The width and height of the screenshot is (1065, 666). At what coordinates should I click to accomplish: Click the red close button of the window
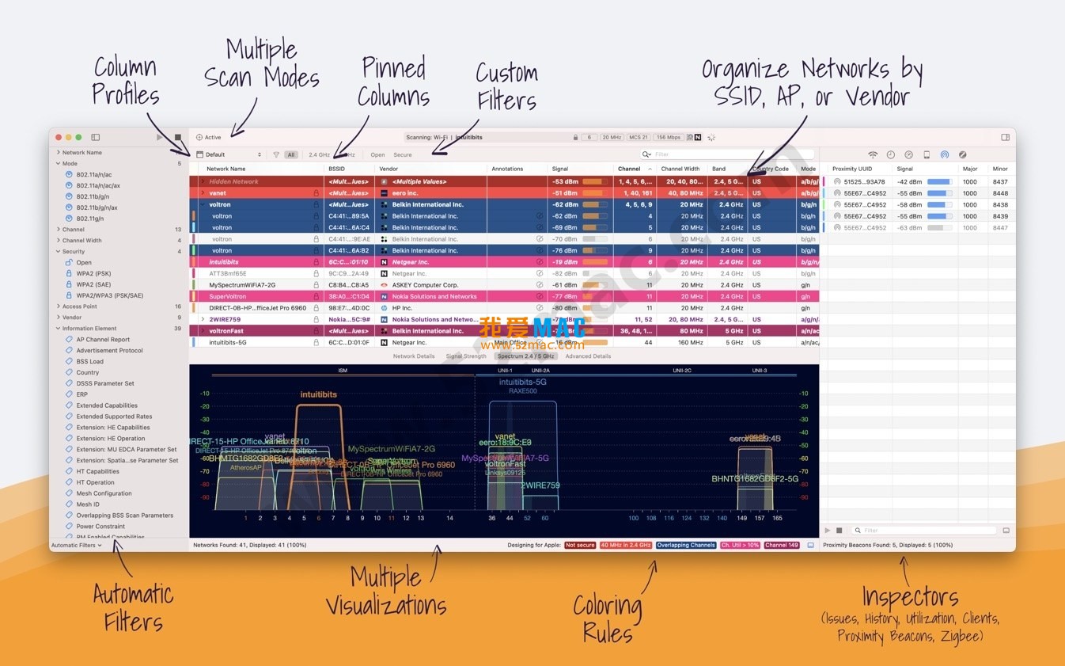pyautogui.click(x=58, y=138)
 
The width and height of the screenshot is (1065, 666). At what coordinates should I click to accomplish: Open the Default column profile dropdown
pyautogui.click(x=229, y=155)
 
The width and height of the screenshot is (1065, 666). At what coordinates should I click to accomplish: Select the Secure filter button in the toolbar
pyautogui.click(x=403, y=155)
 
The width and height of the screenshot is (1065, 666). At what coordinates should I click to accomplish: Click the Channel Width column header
pyautogui.click(x=680, y=169)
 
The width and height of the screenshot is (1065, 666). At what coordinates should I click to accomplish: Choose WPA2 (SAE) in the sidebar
pyautogui.click(x=93, y=284)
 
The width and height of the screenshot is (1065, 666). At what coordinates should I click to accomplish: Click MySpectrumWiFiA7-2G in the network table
pyautogui.click(x=242, y=285)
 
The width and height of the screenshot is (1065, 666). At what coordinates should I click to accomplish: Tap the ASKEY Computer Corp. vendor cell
pyautogui.click(x=425, y=285)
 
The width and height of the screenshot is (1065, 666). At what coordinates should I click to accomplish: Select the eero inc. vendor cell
pyautogui.click(x=405, y=193)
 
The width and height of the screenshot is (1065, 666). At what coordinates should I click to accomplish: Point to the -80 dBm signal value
pyautogui.click(x=565, y=308)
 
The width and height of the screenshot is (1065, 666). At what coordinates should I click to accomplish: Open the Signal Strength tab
pyautogui.click(x=466, y=356)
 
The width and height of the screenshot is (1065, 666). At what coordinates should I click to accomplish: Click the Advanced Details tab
pyautogui.click(x=588, y=356)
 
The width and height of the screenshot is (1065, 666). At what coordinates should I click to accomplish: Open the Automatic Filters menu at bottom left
pyautogui.click(x=77, y=546)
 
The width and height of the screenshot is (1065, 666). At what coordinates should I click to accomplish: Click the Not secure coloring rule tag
pyautogui.click(x=580, y=546)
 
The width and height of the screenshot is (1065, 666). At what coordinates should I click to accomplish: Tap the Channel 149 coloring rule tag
pyautogui.click(x=782, y=546)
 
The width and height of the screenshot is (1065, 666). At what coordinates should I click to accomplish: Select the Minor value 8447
pyautogui.click(x=1000, y=228)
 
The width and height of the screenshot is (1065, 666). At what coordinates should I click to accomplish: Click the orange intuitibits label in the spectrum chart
pyautogui.click(x=318, y=394)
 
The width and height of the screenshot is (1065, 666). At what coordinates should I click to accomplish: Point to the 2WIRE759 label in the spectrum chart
pyautogui.click(x=540, y=485)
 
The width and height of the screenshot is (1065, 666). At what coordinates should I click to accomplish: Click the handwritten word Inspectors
pyautogui.click(x=910, y=597)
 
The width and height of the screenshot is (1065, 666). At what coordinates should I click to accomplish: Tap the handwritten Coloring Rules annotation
pyautogui.click(x=608, y=619)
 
